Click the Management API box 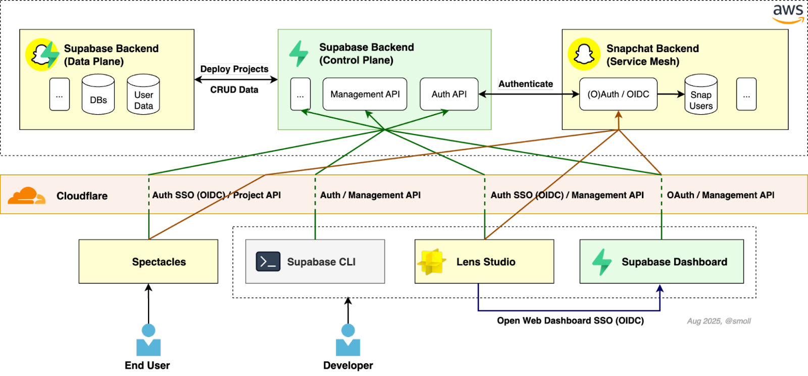pos(365,94)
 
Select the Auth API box pos(449,94)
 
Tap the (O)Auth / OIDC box pos(618,94)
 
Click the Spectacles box pos(148,261)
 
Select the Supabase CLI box pos(315,261)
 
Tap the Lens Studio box pos(484,261)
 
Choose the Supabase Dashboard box pos(662,261)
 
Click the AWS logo pos(788,13)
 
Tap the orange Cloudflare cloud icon pos(25,196)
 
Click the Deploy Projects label pos(234,69)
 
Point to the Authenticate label pos(526,84)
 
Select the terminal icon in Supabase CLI pos(268,262)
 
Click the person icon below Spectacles pos(148,340)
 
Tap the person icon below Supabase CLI pos(348,340)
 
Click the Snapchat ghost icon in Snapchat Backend pos(584,54)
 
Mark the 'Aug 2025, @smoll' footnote pos(719,321)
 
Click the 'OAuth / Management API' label pos(721,195)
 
